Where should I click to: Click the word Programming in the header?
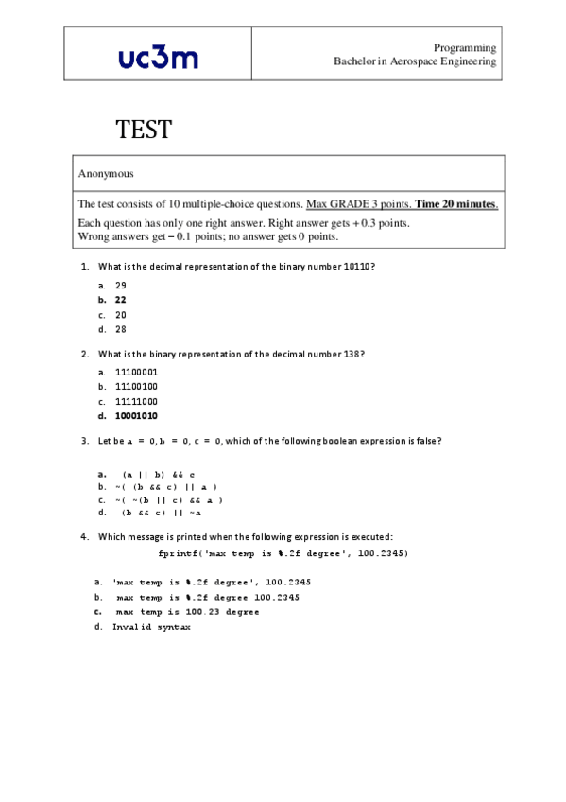[465, 47]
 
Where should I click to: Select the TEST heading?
[144, 130]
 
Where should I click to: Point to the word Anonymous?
[106, 174]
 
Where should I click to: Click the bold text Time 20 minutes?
[456, 204]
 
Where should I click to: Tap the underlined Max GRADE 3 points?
[358, 204]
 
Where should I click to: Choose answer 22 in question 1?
[121, 300]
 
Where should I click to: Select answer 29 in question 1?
[121, 285]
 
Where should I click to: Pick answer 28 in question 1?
[121, 330]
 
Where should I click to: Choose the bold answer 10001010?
[136, 416]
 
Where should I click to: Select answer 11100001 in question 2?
[136, 372]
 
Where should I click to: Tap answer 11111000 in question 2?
[136, 401]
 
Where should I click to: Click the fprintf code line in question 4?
[283, 553]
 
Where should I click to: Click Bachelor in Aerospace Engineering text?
[415, 61]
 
